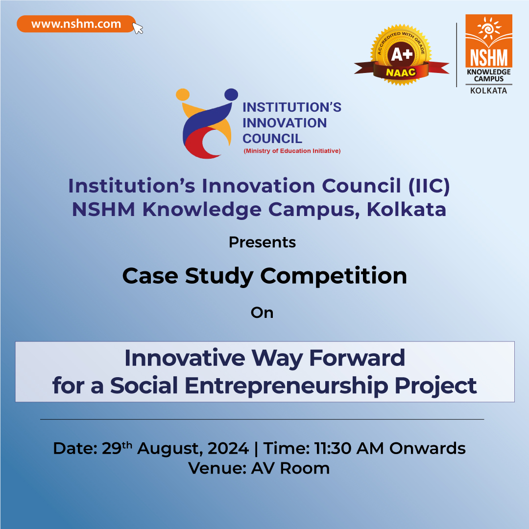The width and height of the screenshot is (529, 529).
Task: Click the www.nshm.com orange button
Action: coord(76,24)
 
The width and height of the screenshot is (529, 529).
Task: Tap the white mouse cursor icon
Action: coord(137,28)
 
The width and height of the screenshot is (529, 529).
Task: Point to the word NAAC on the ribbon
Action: coord(401,72)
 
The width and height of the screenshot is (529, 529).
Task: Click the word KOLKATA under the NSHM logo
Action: coord(488,91)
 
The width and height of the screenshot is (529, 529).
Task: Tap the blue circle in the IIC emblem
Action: coord(231,95)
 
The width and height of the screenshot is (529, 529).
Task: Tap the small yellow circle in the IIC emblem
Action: coord(183,95)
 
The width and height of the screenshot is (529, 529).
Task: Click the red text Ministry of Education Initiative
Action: coord(292,151)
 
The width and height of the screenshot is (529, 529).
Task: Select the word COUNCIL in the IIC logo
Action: coord(272,139)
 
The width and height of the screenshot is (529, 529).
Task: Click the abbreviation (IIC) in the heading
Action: coord(429,186)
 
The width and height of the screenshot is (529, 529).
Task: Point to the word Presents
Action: coord(262,242)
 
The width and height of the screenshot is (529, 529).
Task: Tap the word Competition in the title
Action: coord(334,276)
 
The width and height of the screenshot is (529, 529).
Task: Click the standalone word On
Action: coord(262,313)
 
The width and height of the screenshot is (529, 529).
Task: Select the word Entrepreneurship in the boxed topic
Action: coord(287,385)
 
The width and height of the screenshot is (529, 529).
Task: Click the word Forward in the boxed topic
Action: coord(357,358)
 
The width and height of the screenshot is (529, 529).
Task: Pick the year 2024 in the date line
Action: coord(228,448)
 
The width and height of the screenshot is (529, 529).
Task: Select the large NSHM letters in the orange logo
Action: coord(489,57)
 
